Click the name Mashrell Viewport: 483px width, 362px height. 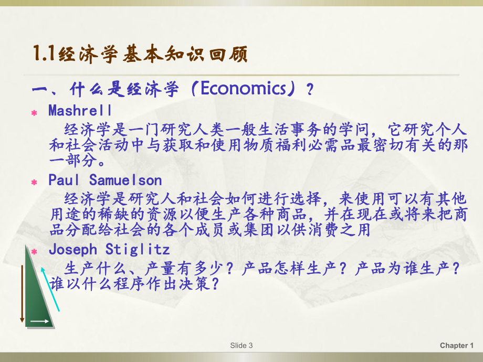pyautogui.click(x=80, y=111)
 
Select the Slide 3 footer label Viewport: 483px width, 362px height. pyautogui.click(x=241, y=345)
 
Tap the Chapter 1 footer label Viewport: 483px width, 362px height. pyautogui.click(x=457, y=345)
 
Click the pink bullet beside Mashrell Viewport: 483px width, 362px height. pyautogui.click(x=35, y=113)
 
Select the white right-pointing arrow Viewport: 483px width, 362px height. pyautogui.click(x=39, y=321)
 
